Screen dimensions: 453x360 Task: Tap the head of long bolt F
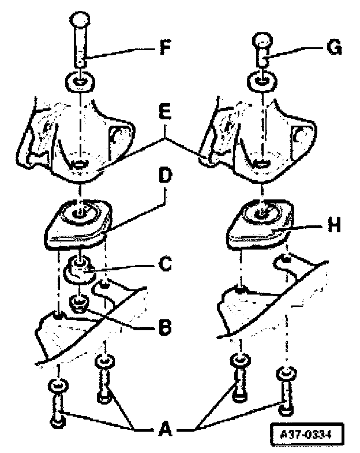click(x=80, y=27)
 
